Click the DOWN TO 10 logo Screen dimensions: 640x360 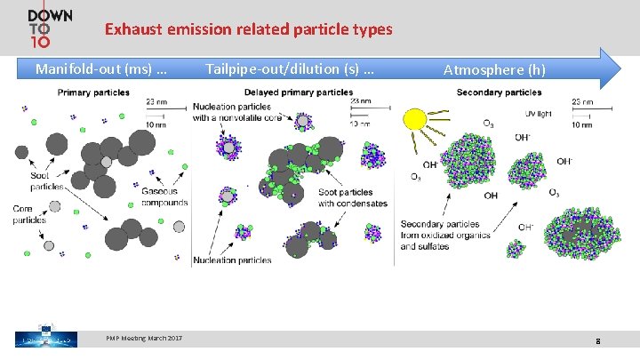pos(50,29)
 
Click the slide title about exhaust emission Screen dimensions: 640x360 pos(248,29)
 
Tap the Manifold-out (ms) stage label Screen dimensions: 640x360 pos(100,68)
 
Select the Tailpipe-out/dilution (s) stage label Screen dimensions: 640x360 pos(289,68)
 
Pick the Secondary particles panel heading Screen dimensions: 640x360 pos(492,92)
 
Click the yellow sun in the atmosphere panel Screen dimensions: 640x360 pos(414,120)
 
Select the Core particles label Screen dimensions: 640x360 pos(29,214)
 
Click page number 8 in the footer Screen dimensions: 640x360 pos(598,341)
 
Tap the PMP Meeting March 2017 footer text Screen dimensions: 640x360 pos(144,339)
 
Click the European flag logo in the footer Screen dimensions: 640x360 pos(40,339)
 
